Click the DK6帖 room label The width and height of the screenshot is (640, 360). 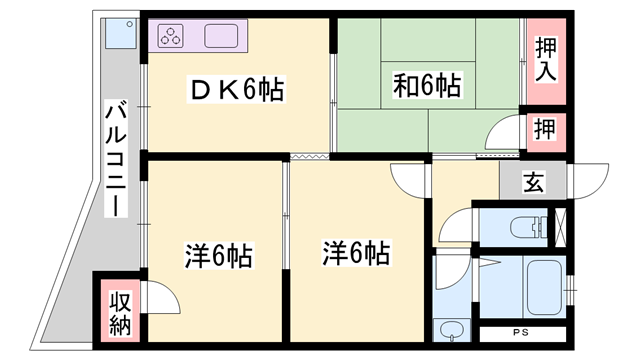(x=237, y=89)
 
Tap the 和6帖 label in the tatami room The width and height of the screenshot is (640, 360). (x=427, y=85)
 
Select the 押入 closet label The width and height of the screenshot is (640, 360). (x=546, y=60)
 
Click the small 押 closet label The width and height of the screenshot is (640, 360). (x=545, y=128)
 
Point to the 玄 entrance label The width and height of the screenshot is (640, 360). (x=533, y=181)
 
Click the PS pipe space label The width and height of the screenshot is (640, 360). (x=521, y=332)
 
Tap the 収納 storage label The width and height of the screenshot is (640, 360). (x=120, y=313)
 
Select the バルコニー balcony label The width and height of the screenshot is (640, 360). (x=116, y=158)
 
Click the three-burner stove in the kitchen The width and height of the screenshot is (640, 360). (x=171, y=36)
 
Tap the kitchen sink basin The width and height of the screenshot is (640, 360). (x=221, y=36)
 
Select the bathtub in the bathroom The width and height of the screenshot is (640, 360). (x=544, y=288)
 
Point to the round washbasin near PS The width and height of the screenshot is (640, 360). (x=451, y=329)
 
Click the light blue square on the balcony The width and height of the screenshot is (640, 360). (x=121, y=34)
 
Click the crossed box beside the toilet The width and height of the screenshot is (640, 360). (x=560, y=227)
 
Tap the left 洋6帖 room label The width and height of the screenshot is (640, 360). (x=218, y=256)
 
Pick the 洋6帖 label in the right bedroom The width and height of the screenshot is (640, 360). (x=356, y=253)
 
